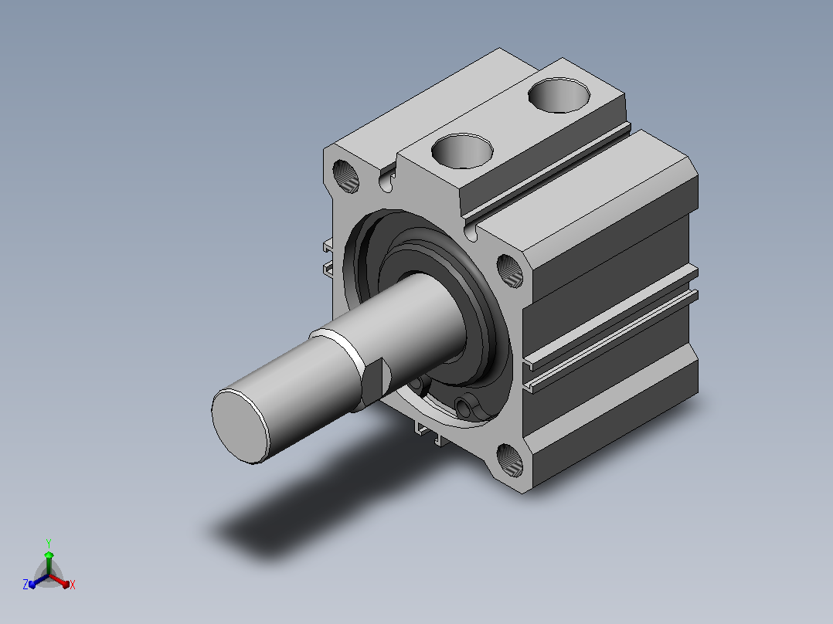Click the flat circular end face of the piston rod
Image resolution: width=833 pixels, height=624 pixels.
tap(240, 426)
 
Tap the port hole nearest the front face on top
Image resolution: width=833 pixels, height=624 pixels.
tap(462, 151)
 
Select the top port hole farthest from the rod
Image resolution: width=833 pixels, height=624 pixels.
tap(559, 95)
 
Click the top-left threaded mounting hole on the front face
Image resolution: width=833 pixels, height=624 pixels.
tap(345, 176)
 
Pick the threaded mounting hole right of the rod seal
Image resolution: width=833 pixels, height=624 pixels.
tap(510, 271)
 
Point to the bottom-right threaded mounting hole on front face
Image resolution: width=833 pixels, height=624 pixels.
tap(510, 460)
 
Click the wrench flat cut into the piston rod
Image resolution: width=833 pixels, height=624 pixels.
tap(377, 380)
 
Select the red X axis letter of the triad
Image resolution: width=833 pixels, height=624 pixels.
tap(73, 585)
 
